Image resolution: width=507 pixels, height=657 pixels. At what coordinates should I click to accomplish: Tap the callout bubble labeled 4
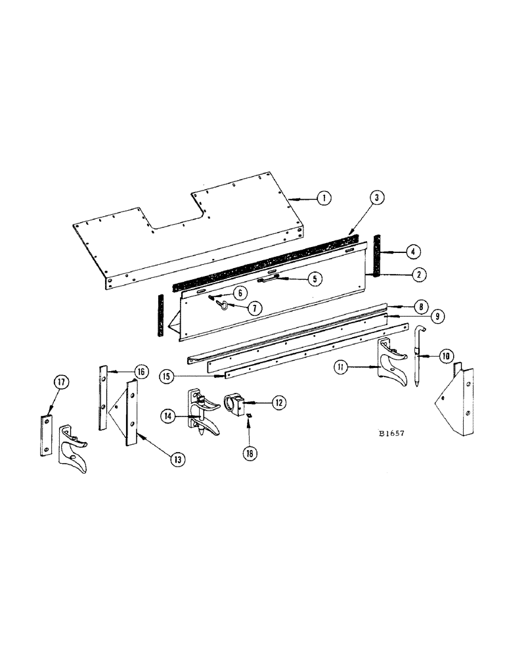[x=414, y=251]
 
